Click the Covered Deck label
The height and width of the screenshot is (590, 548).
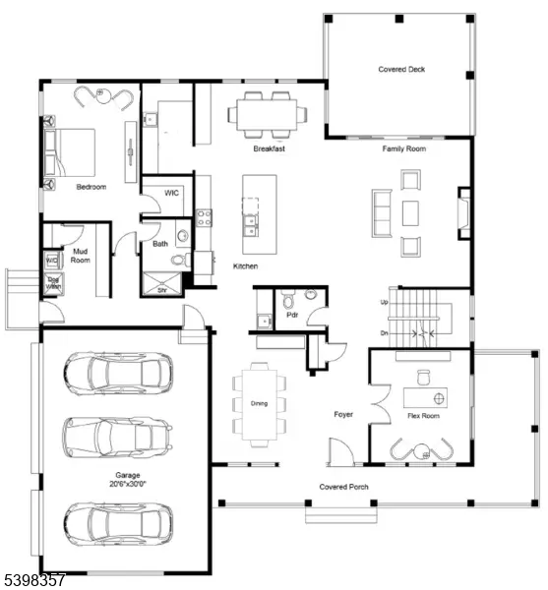point(401,70)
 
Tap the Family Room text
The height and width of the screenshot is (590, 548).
point(403,148)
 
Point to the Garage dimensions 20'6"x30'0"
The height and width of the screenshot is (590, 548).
point(127,483)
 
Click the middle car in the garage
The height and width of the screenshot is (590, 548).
point(116,436)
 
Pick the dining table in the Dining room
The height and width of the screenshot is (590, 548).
point(260,403)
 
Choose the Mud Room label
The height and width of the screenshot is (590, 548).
point(81,256)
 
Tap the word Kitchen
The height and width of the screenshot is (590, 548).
point(246,266)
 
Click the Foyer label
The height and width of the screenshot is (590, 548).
point(343,415)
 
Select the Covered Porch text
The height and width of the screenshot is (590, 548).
point(343,487)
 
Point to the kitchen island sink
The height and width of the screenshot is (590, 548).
point(251,222)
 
